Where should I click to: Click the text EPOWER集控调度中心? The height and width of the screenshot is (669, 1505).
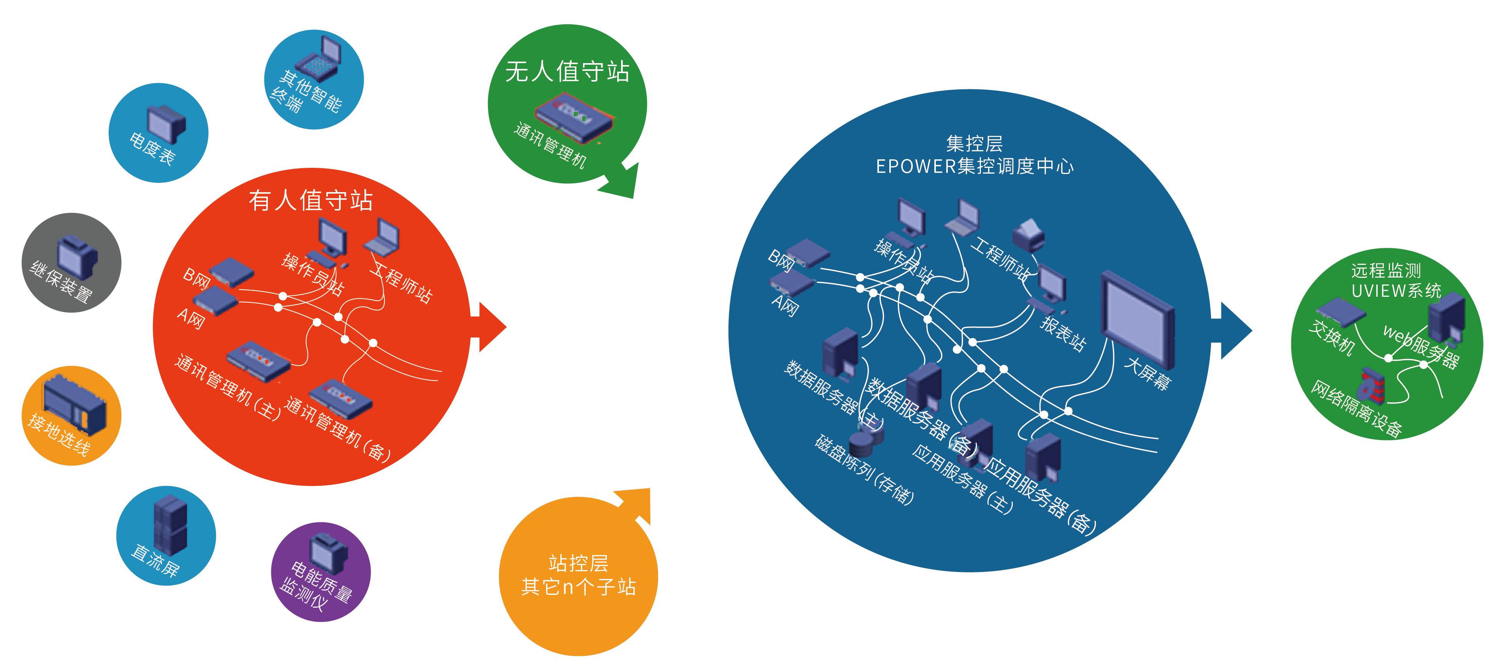(974, 167)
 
